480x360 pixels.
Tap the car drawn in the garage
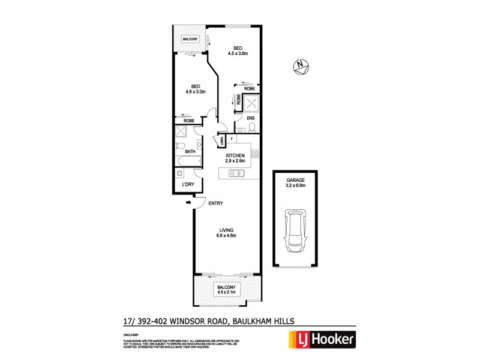tap(295, 230)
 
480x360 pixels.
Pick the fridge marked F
tap(230, 139)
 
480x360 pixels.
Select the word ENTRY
tap(215, 203)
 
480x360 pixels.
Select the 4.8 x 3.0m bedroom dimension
tap(196, 92)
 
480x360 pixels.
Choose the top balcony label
tap(190, 39)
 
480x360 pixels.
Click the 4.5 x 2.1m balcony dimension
tap(226, 294)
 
